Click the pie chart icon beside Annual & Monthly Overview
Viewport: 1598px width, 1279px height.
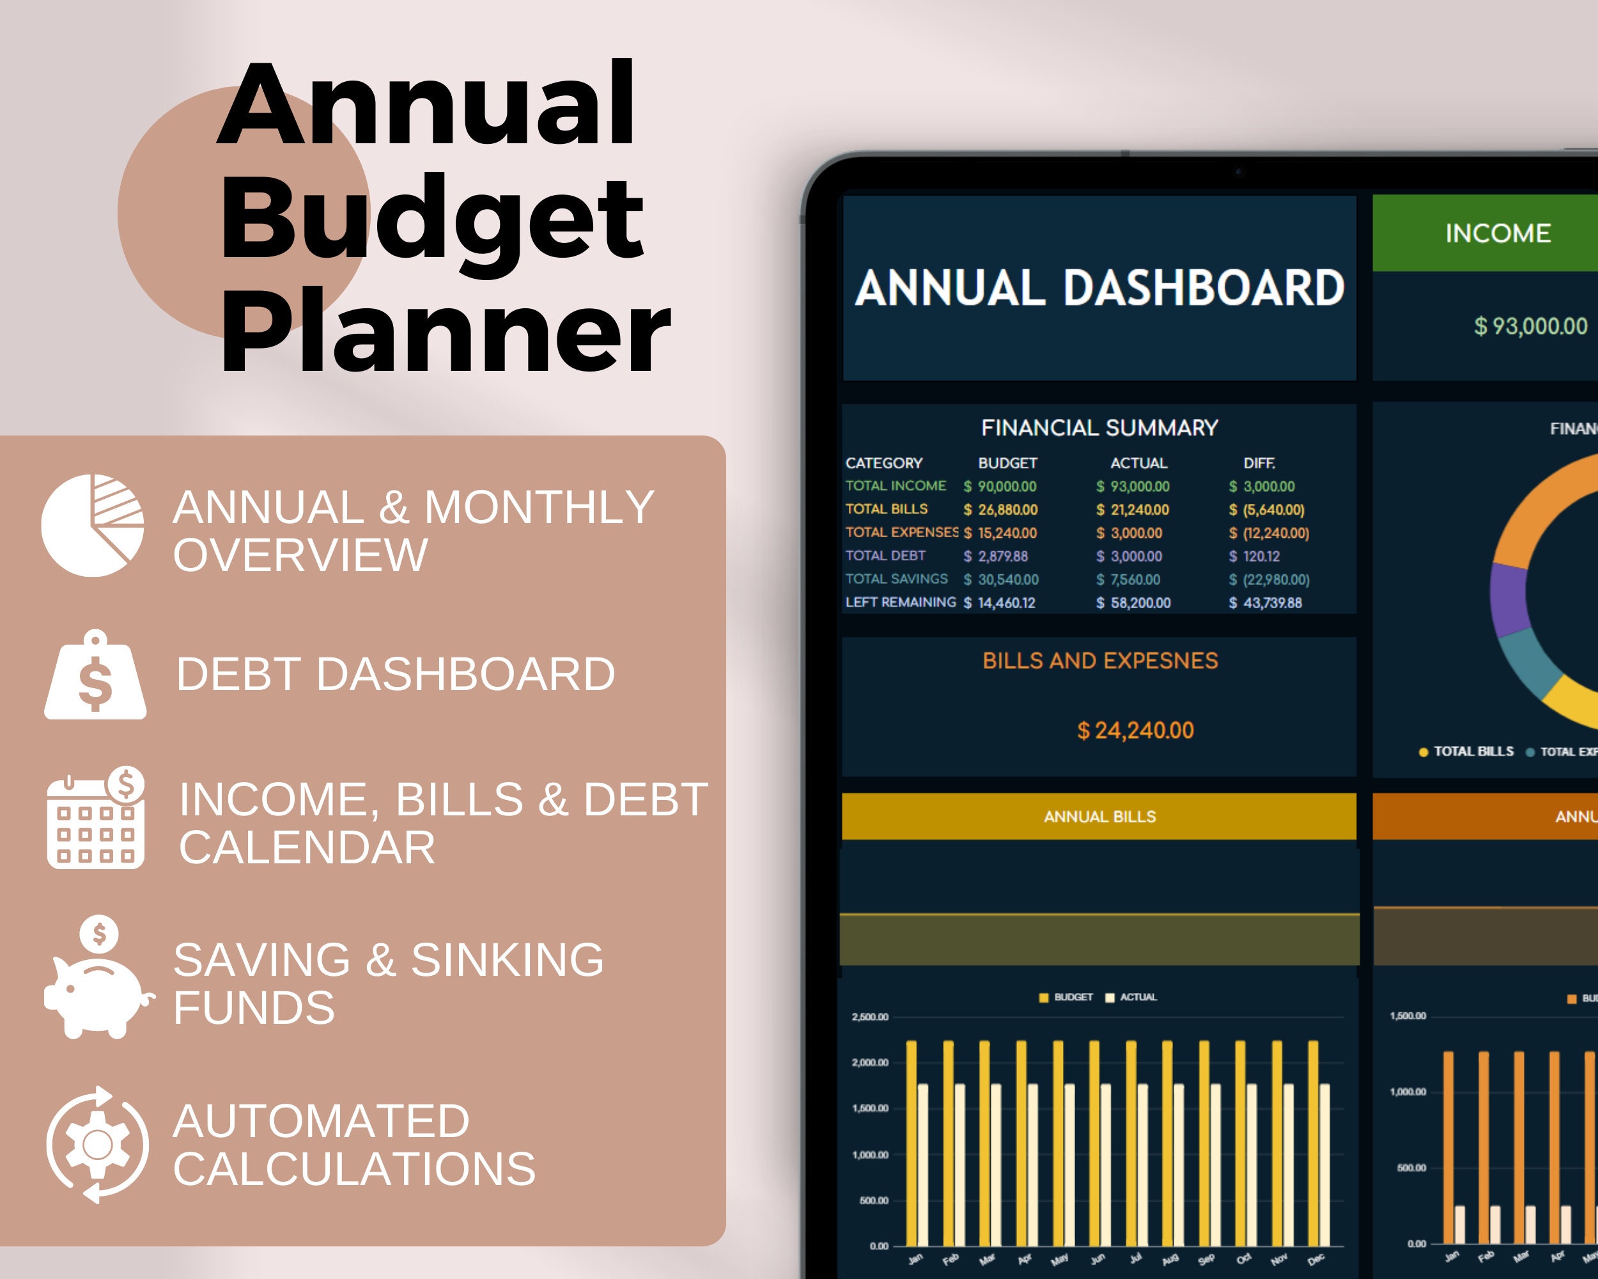click(93, 525)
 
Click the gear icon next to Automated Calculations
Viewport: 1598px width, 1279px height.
click(97, 1145)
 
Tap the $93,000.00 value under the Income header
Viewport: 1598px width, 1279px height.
click(1530, 326)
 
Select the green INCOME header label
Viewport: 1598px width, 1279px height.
click(1497, 233)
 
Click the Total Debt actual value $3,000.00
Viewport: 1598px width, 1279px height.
click(1135, 556)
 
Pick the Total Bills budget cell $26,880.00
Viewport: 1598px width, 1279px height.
click(1007, 510)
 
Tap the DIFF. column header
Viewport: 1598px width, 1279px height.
click(1259, 462)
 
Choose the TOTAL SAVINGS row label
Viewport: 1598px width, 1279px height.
click(896, 578)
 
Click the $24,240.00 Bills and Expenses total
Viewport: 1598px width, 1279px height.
click(1135, 730)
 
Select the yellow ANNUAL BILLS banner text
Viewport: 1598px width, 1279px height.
click(1099, 817)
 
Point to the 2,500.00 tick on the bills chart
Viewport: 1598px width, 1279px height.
click(869, 1017)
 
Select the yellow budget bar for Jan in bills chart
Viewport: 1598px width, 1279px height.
click(911, 1142)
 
